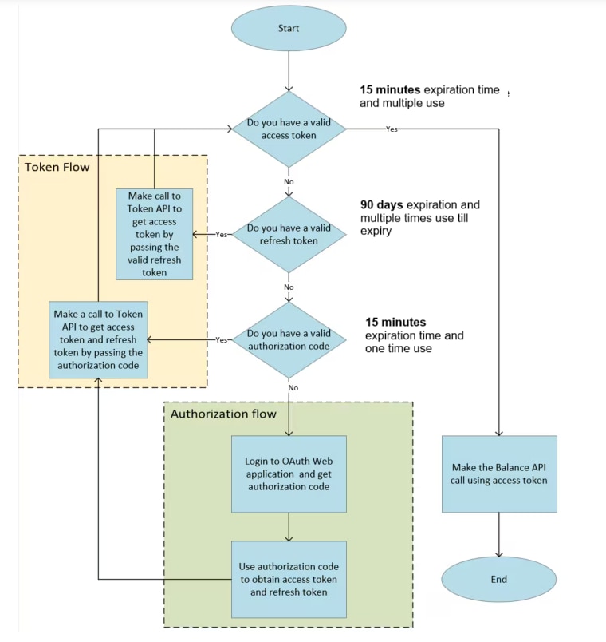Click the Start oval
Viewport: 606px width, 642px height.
pyautogui.click(x=289, y=28)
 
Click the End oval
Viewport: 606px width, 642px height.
pyautogui.click(x=499, y=579)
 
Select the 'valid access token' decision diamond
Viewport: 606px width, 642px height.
pyautogui.click(x=289, y=129)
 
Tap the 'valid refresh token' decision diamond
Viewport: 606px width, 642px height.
pyautogui.click(x=289, y=234)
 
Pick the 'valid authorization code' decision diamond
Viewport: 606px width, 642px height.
pyautogui.click(x=289, y=340)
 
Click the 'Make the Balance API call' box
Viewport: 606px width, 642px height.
pyautogui.click(x=499, y=474)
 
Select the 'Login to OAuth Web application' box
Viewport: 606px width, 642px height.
pyautogui.click(x=289, y=474)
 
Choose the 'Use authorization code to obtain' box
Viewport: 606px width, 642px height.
pyautogui.click(x=289, y=580)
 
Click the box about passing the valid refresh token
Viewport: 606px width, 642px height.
pyautogui.click(x=154, y=234)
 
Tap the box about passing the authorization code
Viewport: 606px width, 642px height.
pyautogui.click(x=98, y=340)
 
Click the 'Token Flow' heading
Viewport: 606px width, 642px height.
pyautogui.click(x=57, y=167)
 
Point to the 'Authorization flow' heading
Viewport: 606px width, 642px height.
pyautogui.click(x=223, y=414)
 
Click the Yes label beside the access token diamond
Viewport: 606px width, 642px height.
pyautogui.click(x=392, y=129)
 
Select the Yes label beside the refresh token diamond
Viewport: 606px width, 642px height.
pyautogui.click(x=221, y=235)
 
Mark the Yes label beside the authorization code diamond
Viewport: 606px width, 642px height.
pyautogui.click(x=221, y=340)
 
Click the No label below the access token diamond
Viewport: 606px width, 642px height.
pyautogui.click(x=289, y=182)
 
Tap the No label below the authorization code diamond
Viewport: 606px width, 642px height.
pyautogui.click(x=293, y=388)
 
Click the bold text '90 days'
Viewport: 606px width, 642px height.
pyautogui.click(x=381, y=204)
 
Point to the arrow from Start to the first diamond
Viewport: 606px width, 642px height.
pyautogui.click(x=289, y=71)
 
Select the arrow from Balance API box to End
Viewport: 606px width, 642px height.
pyautogui.click(x=499, y=535)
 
